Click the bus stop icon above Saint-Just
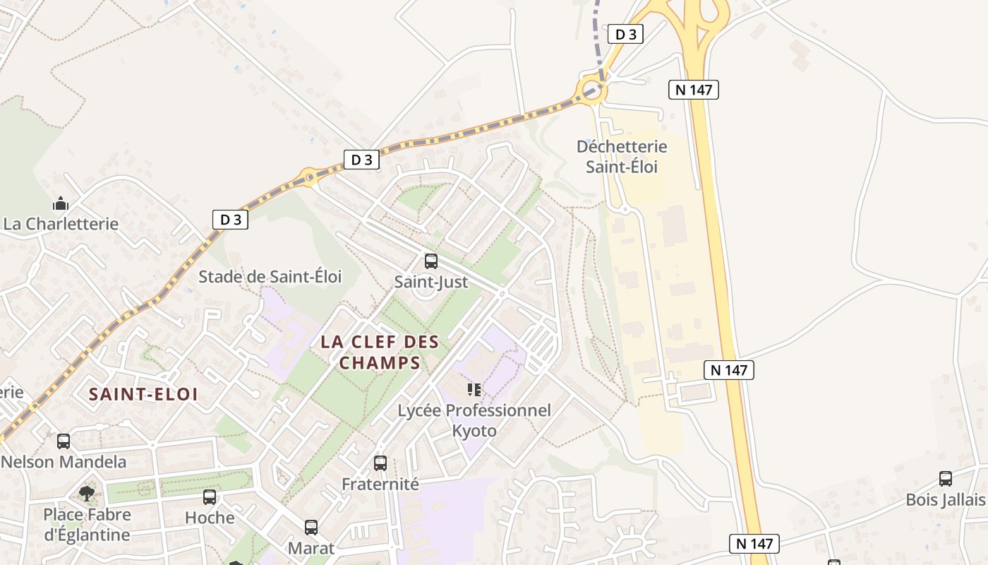430,261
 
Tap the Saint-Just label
430,282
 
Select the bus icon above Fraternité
380,463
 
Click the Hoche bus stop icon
210,497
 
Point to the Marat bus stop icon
311,527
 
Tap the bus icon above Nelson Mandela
64,441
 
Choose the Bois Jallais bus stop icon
946,479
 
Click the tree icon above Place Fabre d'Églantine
87,493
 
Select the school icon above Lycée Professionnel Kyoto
474,389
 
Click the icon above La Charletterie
61,204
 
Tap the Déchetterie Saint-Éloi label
622,157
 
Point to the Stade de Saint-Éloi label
270,277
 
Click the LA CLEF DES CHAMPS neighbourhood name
380,352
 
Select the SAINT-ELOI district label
143,394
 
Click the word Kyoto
474,431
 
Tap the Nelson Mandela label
64,462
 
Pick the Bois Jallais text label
946,500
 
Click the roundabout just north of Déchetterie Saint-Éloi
591,90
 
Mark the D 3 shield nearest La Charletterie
230,220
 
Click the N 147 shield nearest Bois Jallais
754,544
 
